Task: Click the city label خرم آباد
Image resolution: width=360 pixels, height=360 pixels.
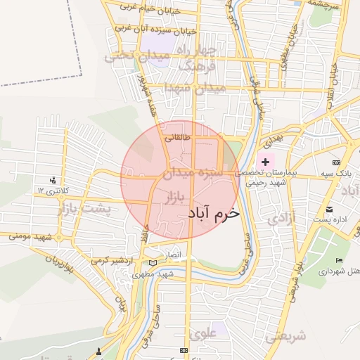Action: tap(214, 212)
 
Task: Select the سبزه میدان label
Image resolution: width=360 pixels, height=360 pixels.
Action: tap(193, 171)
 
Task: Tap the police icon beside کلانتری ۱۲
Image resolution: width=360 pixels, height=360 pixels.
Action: tap(53, 181)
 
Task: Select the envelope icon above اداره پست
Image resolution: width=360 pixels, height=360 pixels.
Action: tap(330, 210)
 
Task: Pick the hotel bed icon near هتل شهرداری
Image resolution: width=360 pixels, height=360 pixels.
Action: tap(340, 261)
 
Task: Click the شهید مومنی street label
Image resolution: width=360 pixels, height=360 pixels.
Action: tap(31, 237)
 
